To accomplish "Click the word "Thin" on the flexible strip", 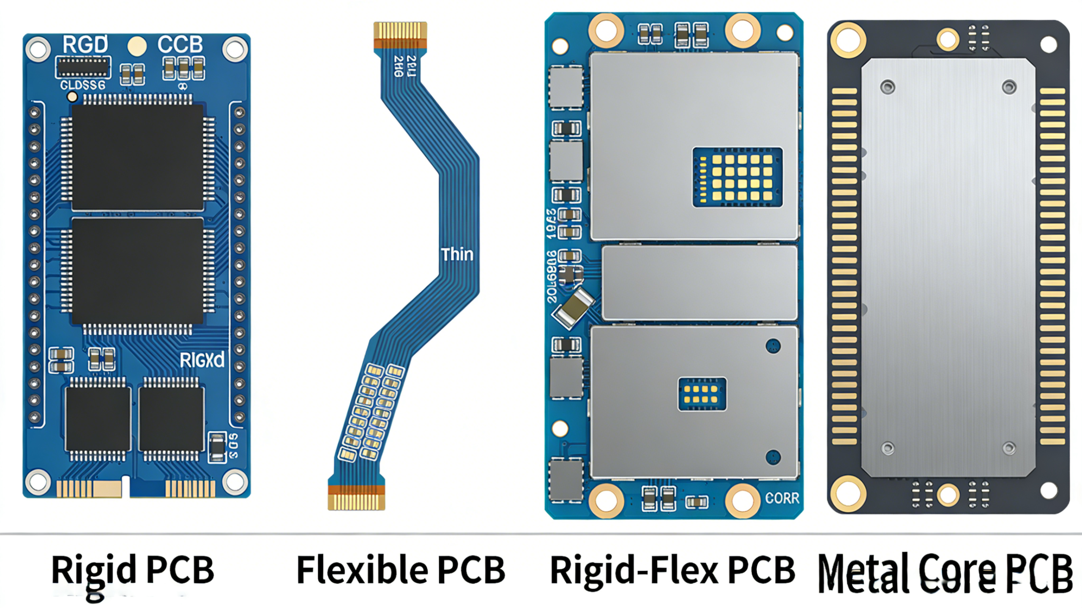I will [x=457, y=255].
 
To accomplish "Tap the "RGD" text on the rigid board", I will [x=85, y=44].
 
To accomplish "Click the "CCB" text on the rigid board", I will [x=180, y=44].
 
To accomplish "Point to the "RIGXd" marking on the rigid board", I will [x=202, y=360].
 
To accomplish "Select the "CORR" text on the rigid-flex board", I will [x=782, y=499].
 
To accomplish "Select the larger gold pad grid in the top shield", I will [x=738, y=177].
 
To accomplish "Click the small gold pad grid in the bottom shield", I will [x=702, y=394].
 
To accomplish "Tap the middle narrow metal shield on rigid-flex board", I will [x=699, y=283].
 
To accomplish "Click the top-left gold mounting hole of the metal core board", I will [x=848, y=40].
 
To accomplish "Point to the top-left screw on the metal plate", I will [x=887, y=87].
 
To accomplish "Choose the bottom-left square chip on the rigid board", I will [x=98, y=418].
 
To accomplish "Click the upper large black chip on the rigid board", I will [x=137, y=157].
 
